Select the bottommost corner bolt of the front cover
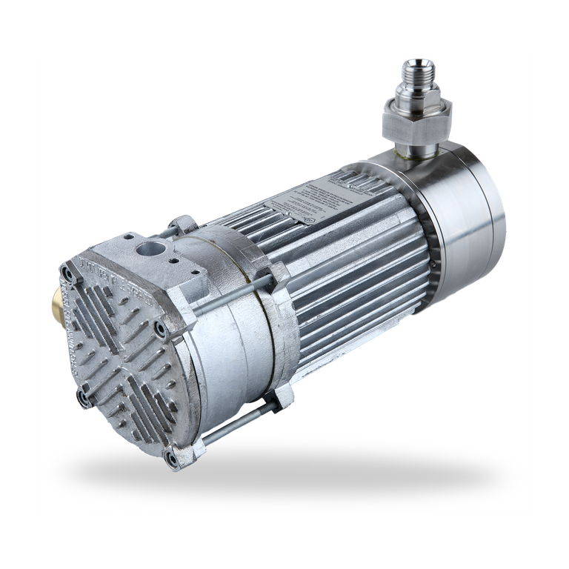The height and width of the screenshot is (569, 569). pyautogui.click(x=172, y=461)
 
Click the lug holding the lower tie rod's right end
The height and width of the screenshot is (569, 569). pyautogui.click(x=279, y=401)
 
